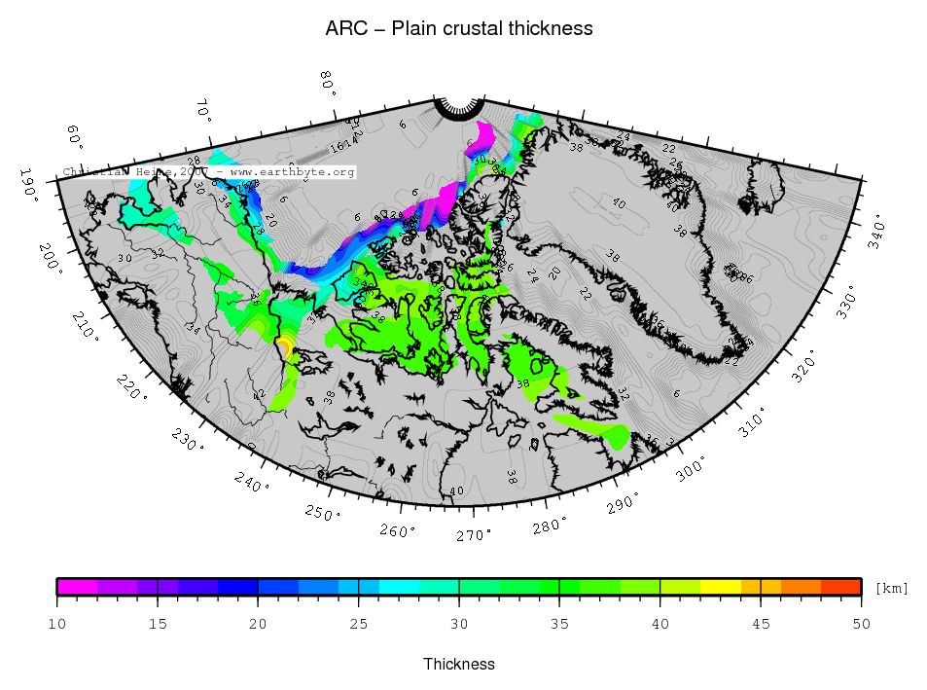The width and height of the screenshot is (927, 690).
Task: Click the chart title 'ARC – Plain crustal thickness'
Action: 458,28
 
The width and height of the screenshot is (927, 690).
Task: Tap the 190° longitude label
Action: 31,182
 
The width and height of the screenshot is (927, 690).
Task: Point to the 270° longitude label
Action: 475,535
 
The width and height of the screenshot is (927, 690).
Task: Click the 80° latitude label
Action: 328,85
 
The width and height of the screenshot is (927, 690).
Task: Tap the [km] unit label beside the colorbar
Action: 891,589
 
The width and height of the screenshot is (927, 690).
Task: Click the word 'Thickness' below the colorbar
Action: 459,664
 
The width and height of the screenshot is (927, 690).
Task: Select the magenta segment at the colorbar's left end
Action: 77,586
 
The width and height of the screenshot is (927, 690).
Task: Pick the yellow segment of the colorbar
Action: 720,586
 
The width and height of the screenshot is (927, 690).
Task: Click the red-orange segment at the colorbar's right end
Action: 841,586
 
